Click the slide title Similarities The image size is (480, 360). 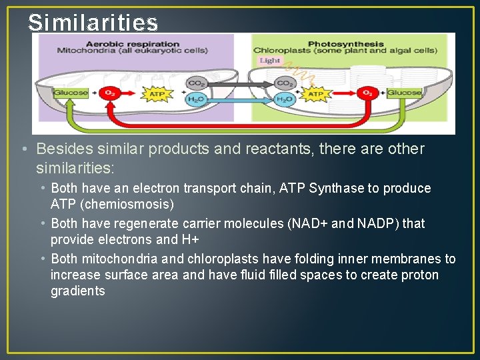93,23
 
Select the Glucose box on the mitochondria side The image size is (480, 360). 71,93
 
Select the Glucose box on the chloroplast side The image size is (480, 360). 405,93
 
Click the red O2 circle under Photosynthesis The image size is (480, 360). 366,93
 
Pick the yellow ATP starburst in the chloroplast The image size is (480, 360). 315,94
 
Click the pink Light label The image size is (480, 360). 269,61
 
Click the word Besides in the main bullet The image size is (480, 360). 64,149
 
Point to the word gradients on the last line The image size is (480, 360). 78,291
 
